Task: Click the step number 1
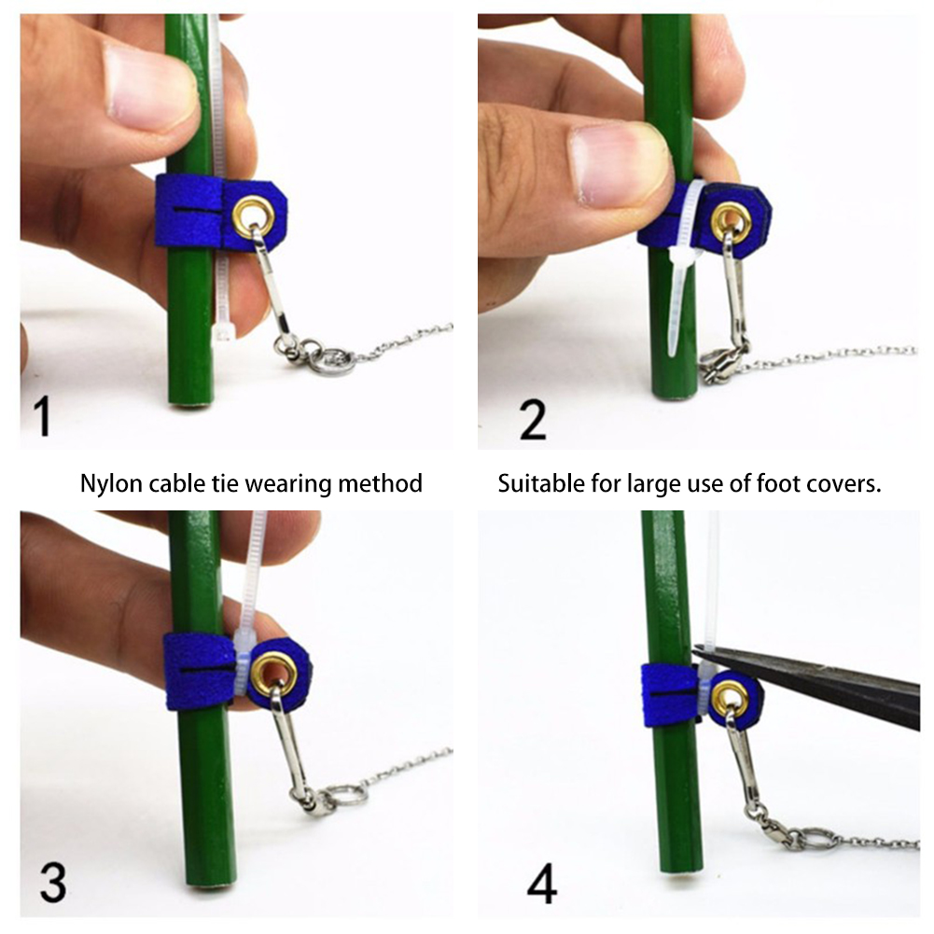(42, 417)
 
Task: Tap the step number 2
(533, 419)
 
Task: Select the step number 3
(53, 883)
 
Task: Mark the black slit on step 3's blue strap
(202, 669)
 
